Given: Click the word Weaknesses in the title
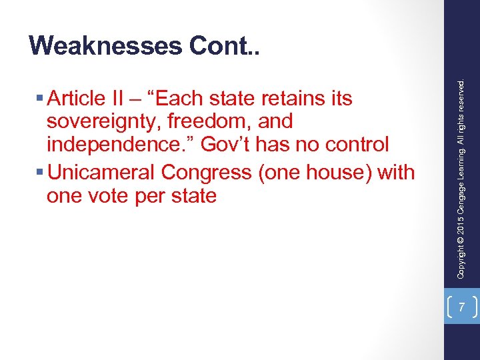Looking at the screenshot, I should (106, 45).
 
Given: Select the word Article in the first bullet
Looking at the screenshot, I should (76, 99).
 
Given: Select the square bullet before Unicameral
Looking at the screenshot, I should (42, 173).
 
